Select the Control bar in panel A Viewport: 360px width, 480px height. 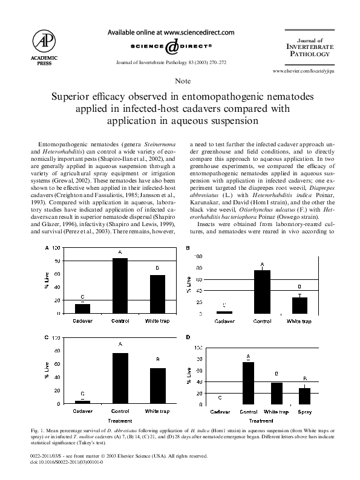coord(120,285)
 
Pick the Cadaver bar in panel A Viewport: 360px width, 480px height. coord(82,308)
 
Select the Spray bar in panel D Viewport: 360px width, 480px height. coord(304,395)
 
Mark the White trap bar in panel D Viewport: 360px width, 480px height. coord(277,393)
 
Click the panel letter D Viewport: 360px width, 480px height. coord(188,337)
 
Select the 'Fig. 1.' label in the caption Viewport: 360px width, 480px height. coord(37,430)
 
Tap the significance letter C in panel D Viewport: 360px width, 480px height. coord(219,397)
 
